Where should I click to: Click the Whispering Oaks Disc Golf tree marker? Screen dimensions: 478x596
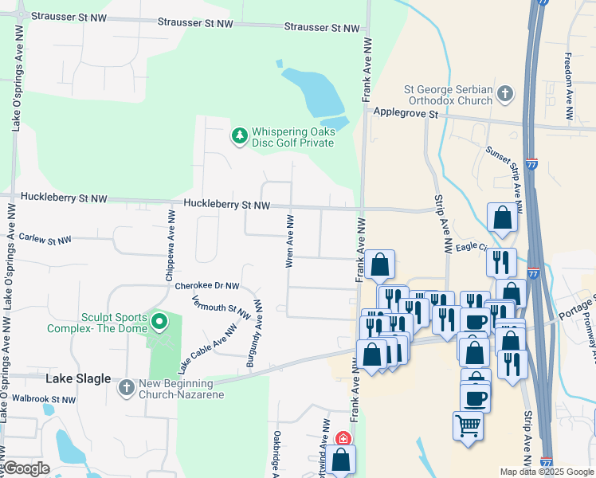coord(239,136)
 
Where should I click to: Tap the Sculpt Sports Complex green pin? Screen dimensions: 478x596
coord(159,323)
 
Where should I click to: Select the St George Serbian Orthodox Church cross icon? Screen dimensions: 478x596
coord(504,95)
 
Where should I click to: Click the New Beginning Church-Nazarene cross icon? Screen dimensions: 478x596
coord(126,387)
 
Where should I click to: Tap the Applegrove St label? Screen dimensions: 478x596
coord(406,114)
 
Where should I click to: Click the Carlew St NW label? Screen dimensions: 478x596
coord(45,240)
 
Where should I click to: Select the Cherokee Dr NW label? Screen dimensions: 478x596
coord(207,285)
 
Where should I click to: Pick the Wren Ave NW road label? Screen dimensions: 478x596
coord(290,240)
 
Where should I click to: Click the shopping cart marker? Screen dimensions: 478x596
coord(468,425)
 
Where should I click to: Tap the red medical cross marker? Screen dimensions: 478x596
coord(343,438)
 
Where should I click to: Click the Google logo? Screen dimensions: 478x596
coord(25,468)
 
